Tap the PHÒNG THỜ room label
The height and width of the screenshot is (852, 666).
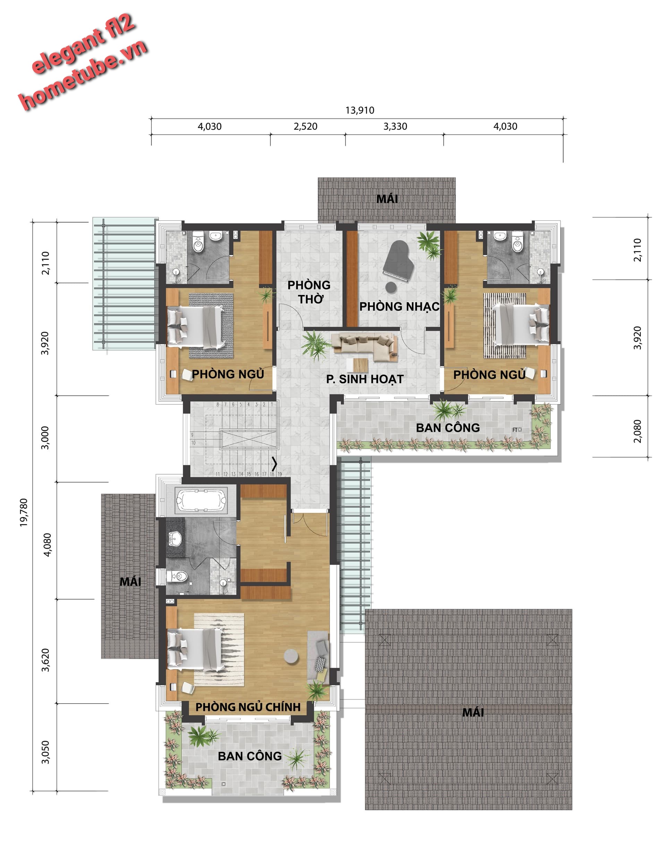pos(309,292)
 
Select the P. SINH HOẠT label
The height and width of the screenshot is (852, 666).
pos(365,379)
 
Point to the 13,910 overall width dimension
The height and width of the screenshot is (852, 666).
pos(360,111)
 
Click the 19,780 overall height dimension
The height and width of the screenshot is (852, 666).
pos(24,513)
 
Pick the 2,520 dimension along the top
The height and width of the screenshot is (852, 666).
pos(305,127)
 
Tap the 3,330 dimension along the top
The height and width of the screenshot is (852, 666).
pos(395,127)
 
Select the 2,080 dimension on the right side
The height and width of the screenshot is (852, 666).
pos(638,431)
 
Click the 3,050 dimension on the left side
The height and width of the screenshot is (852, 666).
pos(46,753)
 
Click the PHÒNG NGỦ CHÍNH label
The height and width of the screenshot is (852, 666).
pos(248,707)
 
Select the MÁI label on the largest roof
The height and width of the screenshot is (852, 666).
pos(473,712)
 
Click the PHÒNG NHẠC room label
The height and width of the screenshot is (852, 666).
pos(399,307)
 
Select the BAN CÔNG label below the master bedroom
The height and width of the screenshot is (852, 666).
pos(250,756)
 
